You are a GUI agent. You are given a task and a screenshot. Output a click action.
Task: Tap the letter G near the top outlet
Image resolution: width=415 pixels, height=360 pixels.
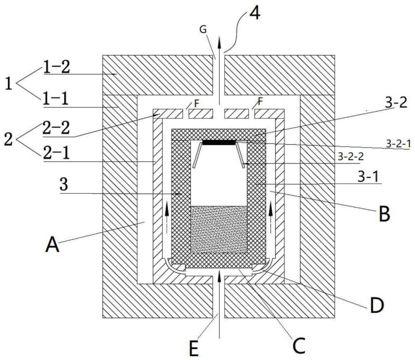(203, 29)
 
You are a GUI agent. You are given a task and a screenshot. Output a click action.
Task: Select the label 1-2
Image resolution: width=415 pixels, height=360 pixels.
(56, 66)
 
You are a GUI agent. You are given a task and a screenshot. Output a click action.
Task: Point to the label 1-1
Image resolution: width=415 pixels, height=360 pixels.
(55, 99)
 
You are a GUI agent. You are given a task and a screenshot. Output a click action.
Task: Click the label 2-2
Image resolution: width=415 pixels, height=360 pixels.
(56, 128)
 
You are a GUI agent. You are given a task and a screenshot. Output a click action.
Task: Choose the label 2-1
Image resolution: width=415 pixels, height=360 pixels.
(56, 153)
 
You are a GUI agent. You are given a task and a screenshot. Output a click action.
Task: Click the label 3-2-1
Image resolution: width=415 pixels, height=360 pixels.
(398, 144)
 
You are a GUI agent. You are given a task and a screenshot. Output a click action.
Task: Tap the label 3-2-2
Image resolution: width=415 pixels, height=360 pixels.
(350, 157)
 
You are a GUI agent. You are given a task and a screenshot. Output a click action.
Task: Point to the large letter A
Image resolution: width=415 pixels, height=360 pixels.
(52, 245)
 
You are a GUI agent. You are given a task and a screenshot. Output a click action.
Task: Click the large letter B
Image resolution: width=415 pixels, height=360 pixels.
(384, 214)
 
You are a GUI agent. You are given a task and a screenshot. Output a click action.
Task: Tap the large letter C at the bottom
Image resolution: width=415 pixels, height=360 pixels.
(299, 345)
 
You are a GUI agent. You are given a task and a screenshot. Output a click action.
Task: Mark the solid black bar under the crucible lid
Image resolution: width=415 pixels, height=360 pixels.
(219, 143)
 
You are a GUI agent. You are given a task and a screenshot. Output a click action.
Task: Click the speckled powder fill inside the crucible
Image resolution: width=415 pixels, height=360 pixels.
(219, 229)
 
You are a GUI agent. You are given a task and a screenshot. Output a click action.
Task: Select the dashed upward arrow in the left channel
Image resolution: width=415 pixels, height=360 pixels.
(167, 217)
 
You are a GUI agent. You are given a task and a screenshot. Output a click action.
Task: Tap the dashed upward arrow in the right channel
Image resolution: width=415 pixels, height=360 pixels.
(271, 217)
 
